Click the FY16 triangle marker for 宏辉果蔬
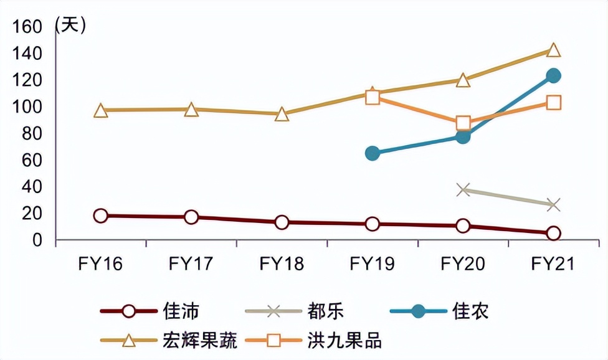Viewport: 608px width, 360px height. point(101,111)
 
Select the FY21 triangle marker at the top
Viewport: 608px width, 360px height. point(553,50)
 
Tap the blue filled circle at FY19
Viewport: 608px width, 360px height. point(373,153)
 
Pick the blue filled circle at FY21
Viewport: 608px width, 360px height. point(553,76)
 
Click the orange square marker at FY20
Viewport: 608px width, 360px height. point(463,123)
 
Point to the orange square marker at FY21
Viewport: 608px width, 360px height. point(553,102)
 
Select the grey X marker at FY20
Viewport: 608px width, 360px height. point(463,189)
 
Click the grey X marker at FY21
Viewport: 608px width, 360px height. point(553,204)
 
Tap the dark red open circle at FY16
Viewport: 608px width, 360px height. point(101,216)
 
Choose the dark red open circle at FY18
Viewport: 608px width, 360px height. point(282,222)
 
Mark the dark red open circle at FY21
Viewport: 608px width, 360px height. point(553,233)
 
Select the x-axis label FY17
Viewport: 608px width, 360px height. point(191,264)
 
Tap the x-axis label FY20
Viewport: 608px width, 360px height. point(463,264)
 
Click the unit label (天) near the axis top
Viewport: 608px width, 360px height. point(70,25)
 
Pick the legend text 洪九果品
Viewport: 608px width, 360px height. point(344,341)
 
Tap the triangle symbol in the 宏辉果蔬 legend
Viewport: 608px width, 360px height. point(129,341)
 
